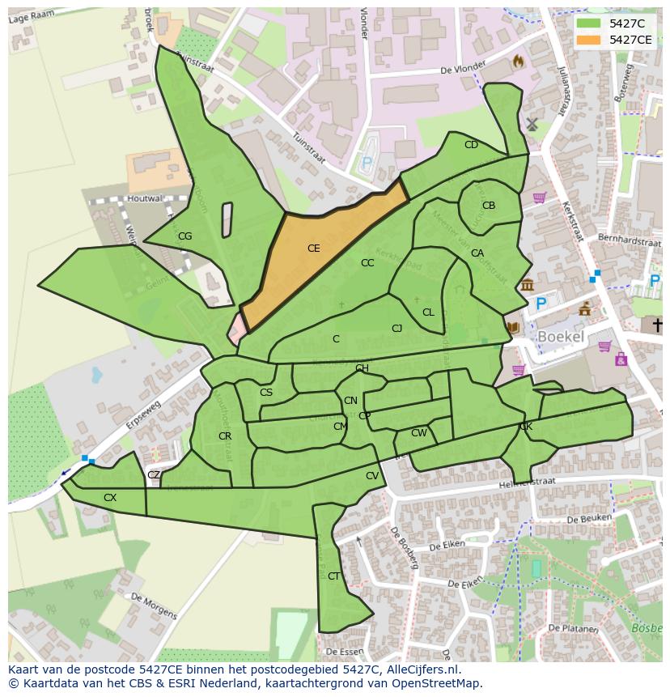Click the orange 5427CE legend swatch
pos(589,40)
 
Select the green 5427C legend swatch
pos(589,23)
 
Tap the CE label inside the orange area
pos(314,249)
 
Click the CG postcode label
pos(184,236)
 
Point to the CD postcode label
pos(471,145)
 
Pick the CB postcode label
pos(489,206)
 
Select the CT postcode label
pos(333,576)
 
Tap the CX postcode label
pos(110,498)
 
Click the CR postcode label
pos(225,436)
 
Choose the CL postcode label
pos(428,312)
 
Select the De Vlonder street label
pos(463,69)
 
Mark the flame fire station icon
pos(519,61)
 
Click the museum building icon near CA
pos(527,285)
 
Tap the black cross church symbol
pos(657,325)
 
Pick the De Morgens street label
pos(153,606)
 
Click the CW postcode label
pos(418,433)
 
